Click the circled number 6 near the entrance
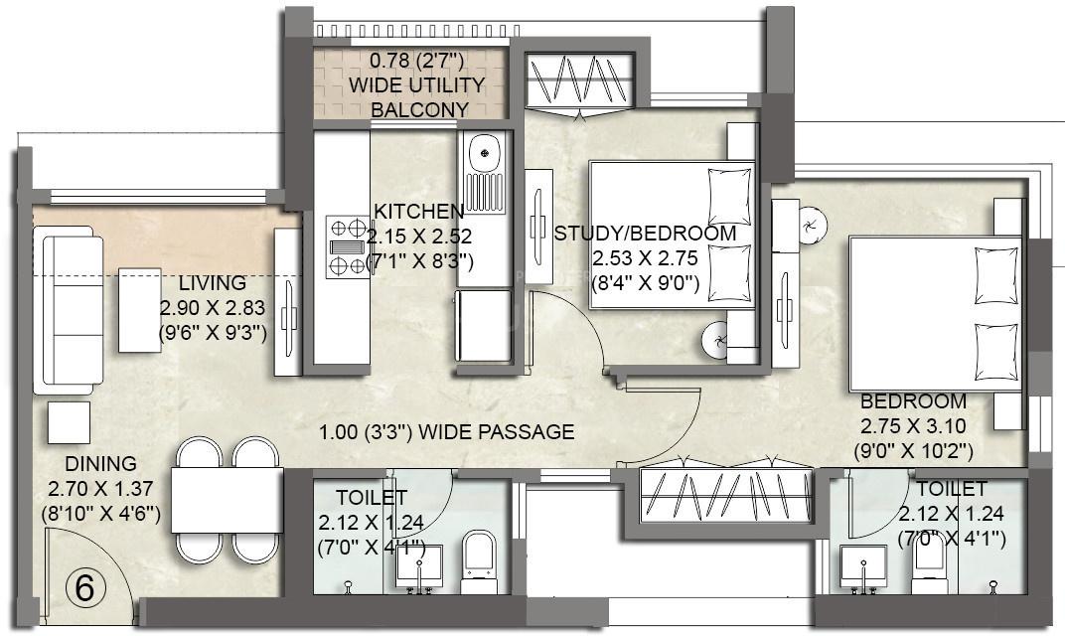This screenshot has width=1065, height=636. coord(85,588)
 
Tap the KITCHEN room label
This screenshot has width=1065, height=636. coord(418,211)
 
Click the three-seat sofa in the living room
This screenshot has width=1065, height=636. coord(68,308)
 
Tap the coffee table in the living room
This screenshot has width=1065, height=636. coord(140,309)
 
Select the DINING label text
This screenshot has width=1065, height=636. coord(100,464)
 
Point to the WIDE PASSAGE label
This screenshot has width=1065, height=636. coord(446,431)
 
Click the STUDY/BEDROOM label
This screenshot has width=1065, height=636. coord(645,234)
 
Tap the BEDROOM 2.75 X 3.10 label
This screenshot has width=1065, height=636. coord(912,401)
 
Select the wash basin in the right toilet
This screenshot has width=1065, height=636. coord(862,568)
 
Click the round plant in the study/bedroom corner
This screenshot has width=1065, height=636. coord(716,340)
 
